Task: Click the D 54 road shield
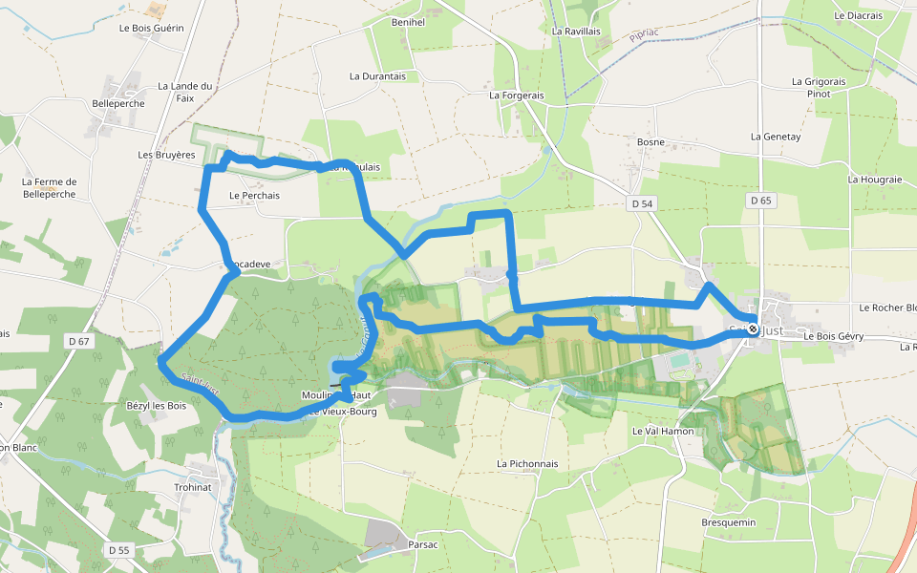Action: click(x=642, y=203)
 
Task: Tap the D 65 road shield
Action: click(x=760, y=201)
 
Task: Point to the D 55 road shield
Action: click(x=118, y=550)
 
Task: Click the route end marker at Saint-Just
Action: click(x=753, y=329)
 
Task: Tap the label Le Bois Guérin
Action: click(x=151, y=28)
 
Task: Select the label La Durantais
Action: click(x=377, y=76)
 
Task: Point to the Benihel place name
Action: click(x=408, y=21)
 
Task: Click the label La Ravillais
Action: click(x=575, y=31)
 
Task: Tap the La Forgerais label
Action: click(x=516, y=95)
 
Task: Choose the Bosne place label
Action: click(x=650, y=142)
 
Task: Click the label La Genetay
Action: click(x=776, y=137)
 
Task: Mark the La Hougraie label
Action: click(x=875, y=179)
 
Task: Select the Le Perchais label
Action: click(x=254, y=196)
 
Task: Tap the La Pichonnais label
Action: click(x=527, y=464)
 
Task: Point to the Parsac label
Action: click(x=422, y=544)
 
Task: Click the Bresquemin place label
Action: click(x=729, y=522)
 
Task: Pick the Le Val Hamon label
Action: click(x=663, y=432)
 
